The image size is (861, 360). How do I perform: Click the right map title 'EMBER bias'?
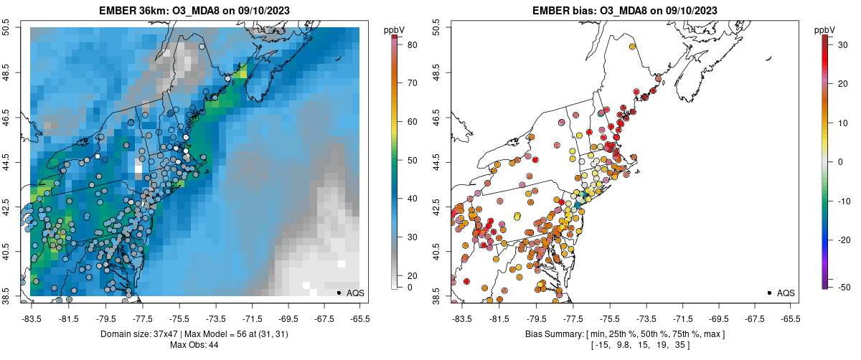click(x=568, y=9)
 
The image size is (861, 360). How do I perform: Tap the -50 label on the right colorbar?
click(x=844, y=288)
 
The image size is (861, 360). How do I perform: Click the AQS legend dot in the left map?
click(x=339, y=293)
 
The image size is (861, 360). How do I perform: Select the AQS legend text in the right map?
click(x=786, y=293)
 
